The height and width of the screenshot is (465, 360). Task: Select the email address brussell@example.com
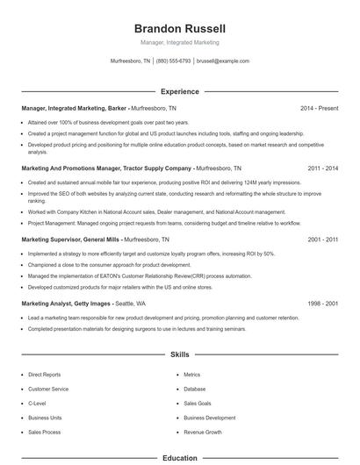click(x=223, y=61)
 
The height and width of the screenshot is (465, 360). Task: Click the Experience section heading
click(x=179, y=91)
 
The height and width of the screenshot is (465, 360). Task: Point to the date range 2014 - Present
click(x=319, y=108)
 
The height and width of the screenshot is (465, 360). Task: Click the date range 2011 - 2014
click(x=322, y=167)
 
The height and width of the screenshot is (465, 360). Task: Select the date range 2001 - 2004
click(x=322, y=239)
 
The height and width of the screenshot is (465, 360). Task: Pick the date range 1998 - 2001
click(x=322, y=303)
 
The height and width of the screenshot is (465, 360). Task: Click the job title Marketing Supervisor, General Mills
click(x=70, y=239)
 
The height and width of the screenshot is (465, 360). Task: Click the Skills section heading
click(x=179, y=355)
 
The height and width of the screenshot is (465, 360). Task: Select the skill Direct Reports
click(x=45, y=375)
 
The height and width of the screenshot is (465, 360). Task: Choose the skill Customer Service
click(x=47, y=389)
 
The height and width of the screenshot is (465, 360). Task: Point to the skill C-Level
click(x=37, y=404)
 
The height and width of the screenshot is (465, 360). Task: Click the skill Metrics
click(x=192, y=375)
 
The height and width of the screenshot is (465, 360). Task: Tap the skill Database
click(x=195, y=389)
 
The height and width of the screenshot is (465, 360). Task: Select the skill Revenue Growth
click(x=202, y=433)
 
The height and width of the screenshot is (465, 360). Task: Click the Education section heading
click(x=179, y=458)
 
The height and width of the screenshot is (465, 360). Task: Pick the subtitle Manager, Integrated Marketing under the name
click(x=179, y=42)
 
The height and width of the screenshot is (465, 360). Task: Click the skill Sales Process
click(x=44, y=433)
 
